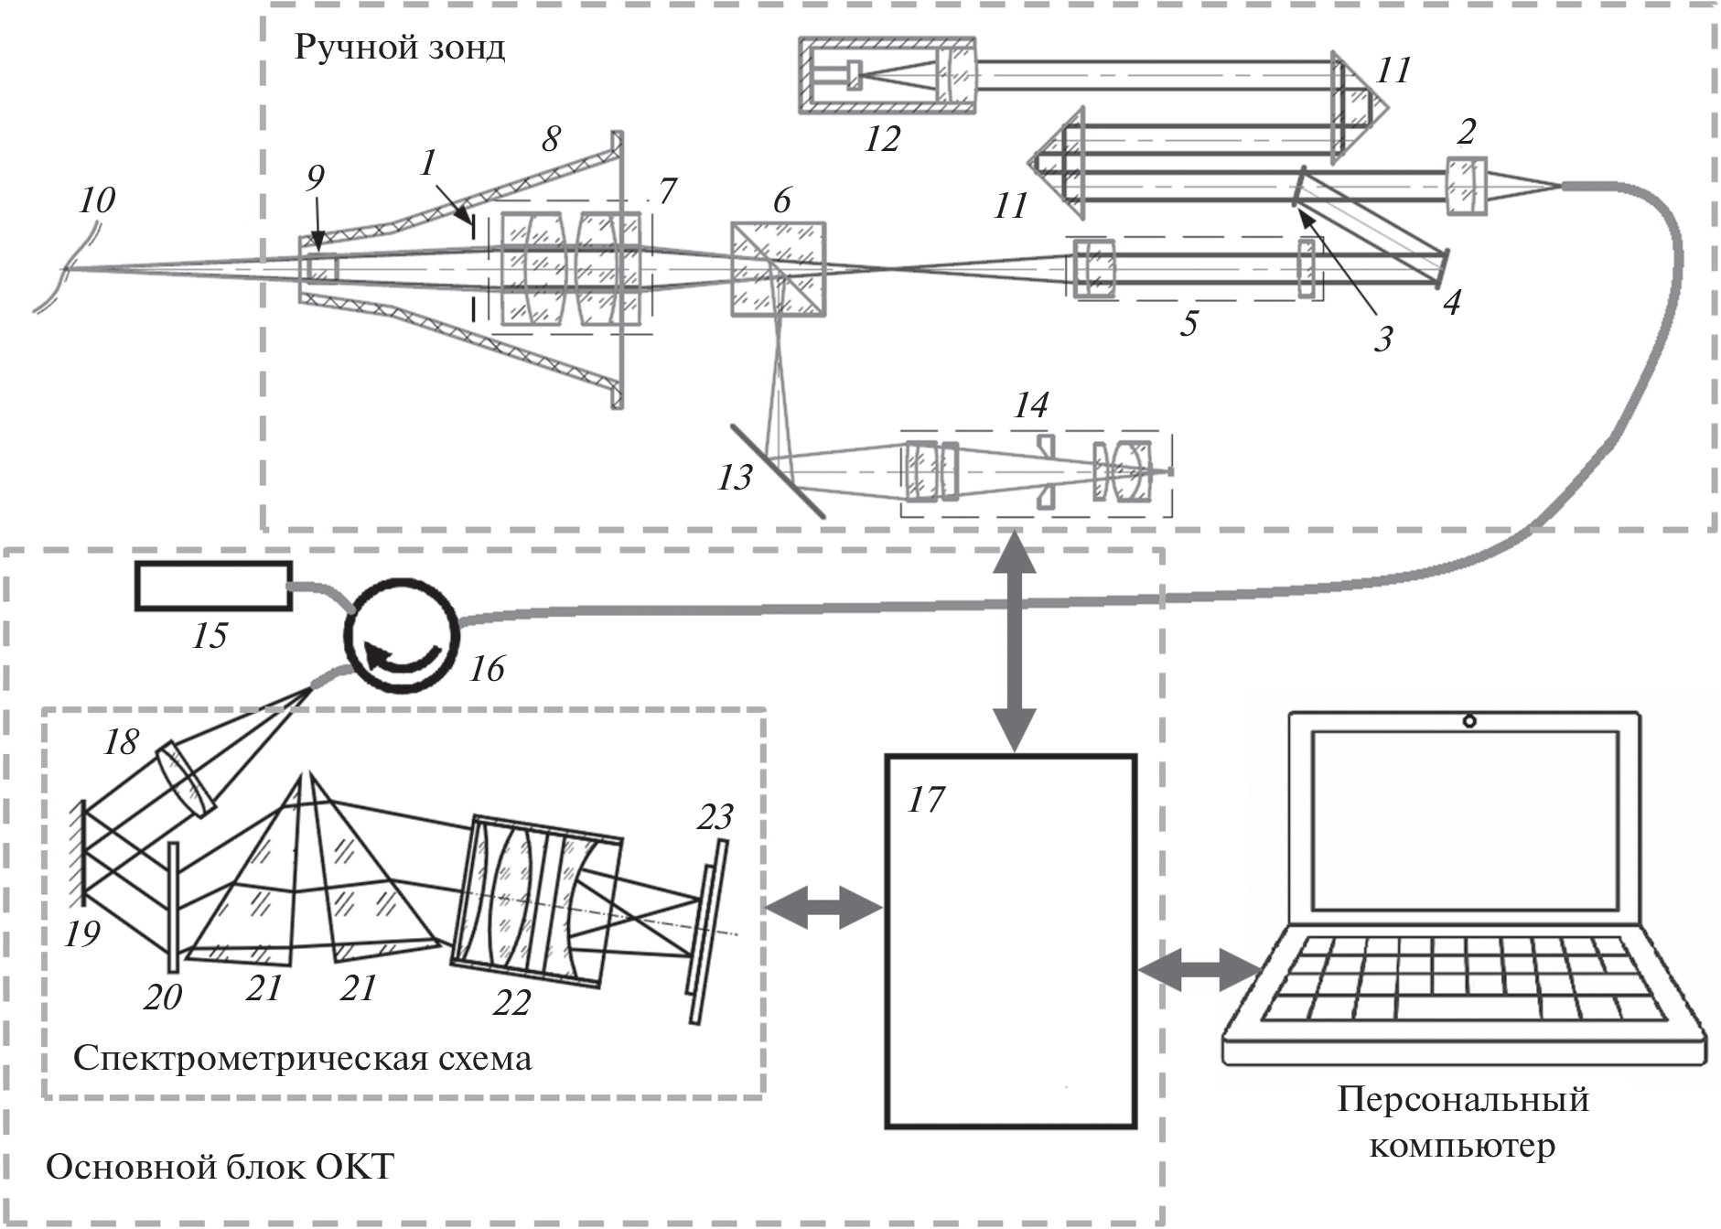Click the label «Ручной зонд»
[399, 47]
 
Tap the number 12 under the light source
[882, 139]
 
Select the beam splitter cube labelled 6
[778, 269]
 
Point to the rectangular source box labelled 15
[213, 586]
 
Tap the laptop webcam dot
[1468, 721]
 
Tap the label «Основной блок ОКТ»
[220, 1168]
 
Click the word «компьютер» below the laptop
[1461, 1146]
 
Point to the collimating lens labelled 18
[186, 779]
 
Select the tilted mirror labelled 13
[778, 471]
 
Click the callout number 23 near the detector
[715, 816]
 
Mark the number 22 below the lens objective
[511, 1003]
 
